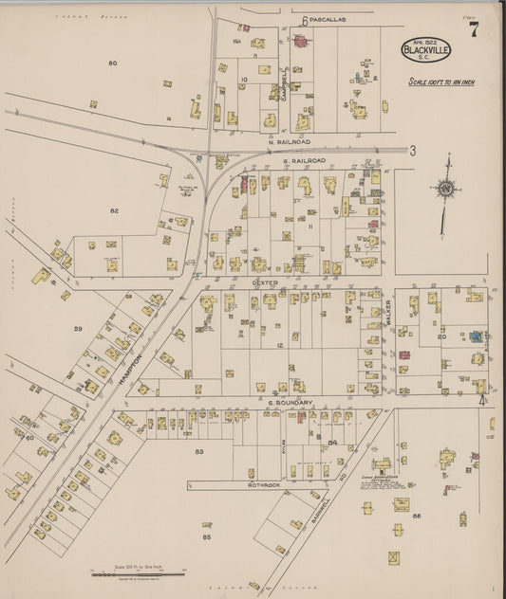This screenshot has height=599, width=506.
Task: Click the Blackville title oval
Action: click(426, 50)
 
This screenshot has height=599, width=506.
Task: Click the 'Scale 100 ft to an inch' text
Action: click(441, 82)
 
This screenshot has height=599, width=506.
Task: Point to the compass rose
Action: click(444, 190)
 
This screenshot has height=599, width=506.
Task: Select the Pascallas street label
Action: click(328, 19)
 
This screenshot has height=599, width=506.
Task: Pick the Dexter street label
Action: click(263, 281)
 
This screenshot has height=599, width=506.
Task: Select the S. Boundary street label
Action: click(290, 402)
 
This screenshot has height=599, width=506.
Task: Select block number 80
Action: click(112, 63)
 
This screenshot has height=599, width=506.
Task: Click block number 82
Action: click(114, 209)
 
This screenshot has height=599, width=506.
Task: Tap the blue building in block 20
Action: click(472, 336)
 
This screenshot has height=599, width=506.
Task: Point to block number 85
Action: click(206, 536)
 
